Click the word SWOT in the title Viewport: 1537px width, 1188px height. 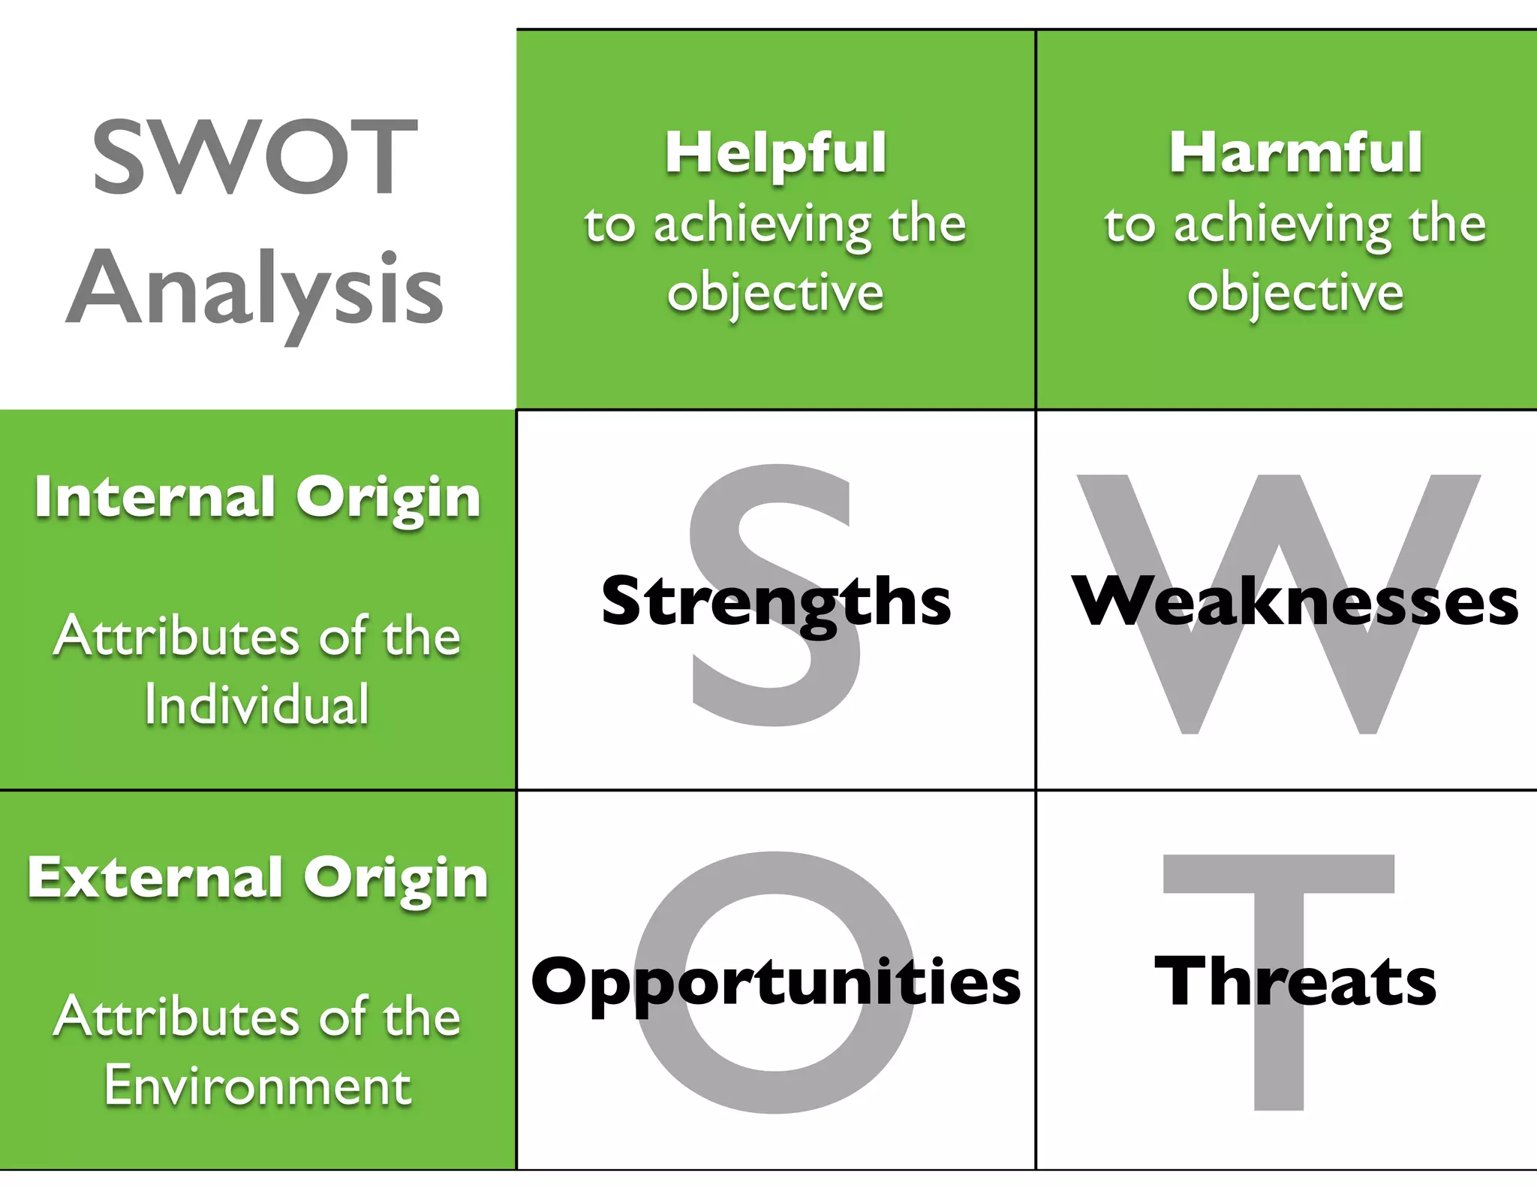(255, 157)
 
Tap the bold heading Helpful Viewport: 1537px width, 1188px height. (775, 152)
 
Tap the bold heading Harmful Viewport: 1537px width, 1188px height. (1295, 152)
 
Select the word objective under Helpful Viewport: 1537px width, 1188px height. (775, 292)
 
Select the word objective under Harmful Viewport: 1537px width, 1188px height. (1295, 292)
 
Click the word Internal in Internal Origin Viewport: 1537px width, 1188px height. (154, 496)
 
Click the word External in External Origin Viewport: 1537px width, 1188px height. (154, 877)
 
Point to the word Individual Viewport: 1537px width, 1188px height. (257, 704)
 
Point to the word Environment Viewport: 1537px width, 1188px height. (257, 1085)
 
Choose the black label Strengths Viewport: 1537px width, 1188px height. (775, 602)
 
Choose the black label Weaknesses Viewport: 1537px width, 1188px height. (1295, 602)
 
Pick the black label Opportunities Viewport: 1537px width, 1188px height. (775, 981)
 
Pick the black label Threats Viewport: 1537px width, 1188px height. (1295, 981)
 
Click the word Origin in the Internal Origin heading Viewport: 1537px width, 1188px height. (388, 498)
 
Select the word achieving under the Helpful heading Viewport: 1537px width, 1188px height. (762, 225)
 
